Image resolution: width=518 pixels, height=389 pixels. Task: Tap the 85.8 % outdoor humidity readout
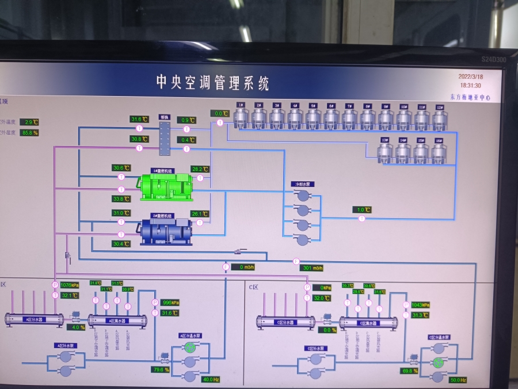pyautogui.click(x=29, y=133)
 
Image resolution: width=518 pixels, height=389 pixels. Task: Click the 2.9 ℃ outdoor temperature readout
pyautogui.click(x=29, y=122)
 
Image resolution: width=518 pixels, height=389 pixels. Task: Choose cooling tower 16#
pyautogui.click(x=439, y=151)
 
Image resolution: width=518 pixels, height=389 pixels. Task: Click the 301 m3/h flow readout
pyautogui.click(x=311, y=268)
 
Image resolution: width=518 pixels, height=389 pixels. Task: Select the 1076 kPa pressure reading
pyautogui.click(x=69, y=284)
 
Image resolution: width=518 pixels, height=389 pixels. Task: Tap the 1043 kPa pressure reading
pyautogui.click(x=421, y=304)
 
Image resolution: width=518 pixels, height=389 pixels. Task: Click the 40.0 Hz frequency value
pyautogui.click(x=211, y=380)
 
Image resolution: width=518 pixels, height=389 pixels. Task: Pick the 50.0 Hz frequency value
pyautogui.click(x=458, y=380)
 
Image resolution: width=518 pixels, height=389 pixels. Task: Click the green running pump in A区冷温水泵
pyautogui.click(x=190, y=348)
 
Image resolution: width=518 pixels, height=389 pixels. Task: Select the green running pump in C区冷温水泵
pyautogui.click(x=438, y=363)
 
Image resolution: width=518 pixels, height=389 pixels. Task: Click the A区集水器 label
pyautogui.click(x=117, y=321)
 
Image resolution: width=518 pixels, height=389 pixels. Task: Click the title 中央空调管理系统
pyautogui.click(x=213, y=83)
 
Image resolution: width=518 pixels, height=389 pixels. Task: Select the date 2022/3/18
pyautogui.click(x=470, y=76)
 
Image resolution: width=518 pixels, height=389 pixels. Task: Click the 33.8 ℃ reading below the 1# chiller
pyautogui.click(x=121, y=199)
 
